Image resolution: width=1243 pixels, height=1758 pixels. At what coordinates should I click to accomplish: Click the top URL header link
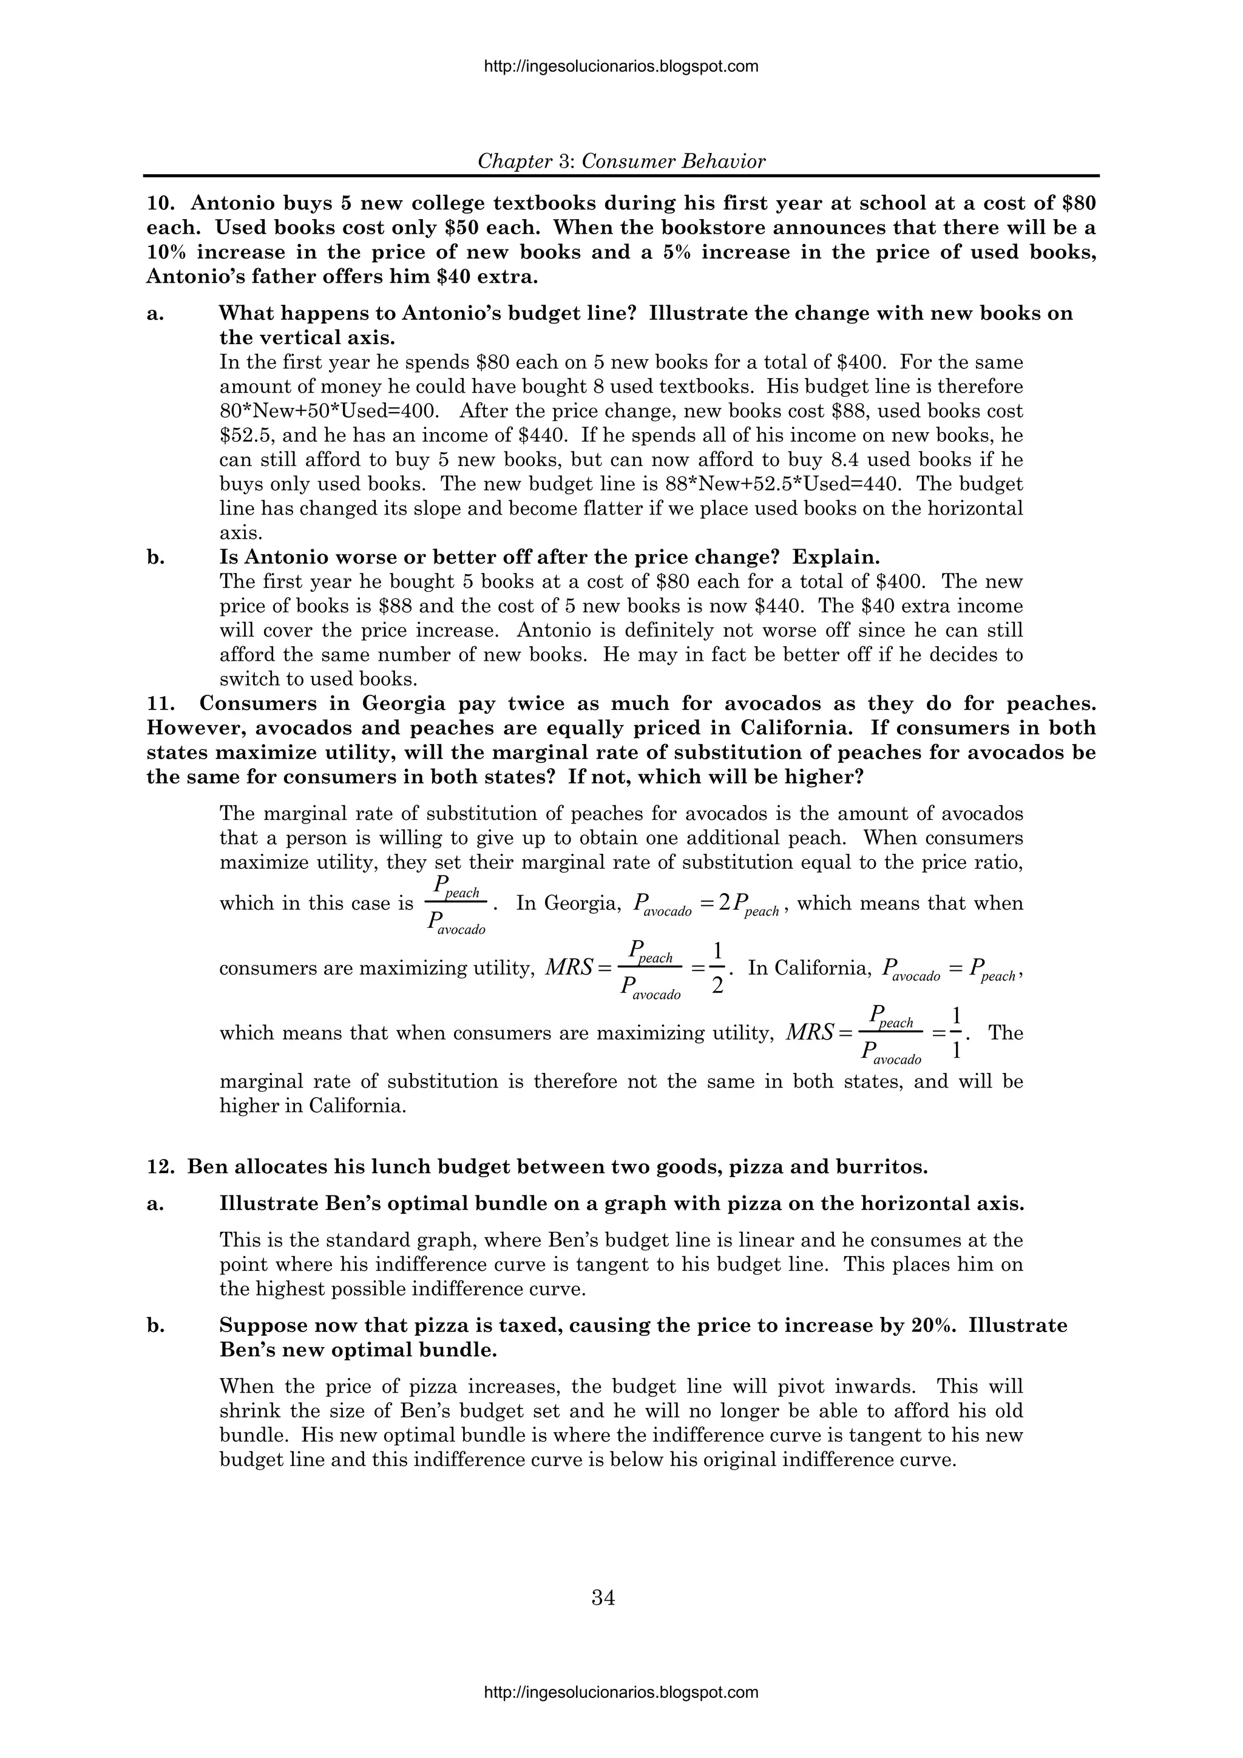click(x=621, y=67)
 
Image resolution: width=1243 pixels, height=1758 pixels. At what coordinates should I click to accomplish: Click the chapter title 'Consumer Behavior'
click(x=673, y=161)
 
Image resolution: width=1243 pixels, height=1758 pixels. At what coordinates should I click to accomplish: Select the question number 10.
click(x=160, y=204)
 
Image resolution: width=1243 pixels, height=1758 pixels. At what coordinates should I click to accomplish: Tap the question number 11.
click(x=160, y=704)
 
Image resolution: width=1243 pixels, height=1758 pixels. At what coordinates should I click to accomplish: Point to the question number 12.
click(x=160, y=1167)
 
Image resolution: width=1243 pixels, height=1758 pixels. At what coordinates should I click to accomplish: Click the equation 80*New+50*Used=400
click(x=330, y=411)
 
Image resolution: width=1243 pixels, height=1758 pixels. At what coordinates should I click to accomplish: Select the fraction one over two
click(x=717, y=968)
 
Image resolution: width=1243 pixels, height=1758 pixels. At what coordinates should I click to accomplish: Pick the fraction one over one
click(x=955, y=1033)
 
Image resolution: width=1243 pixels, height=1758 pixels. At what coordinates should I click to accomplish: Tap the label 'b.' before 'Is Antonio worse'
click(x=155, y=558)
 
